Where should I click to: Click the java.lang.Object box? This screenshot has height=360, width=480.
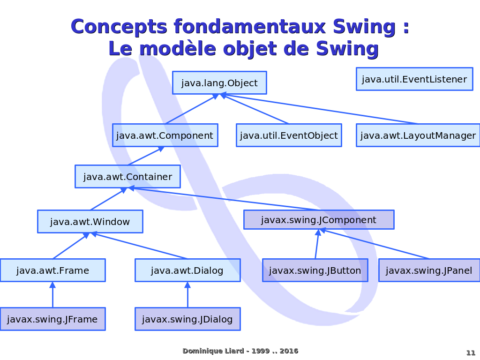219,82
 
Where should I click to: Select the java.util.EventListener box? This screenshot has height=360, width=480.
414,79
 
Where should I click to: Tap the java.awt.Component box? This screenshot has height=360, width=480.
165,135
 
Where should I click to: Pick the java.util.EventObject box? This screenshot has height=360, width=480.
289,135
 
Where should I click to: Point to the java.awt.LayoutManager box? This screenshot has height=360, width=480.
418,135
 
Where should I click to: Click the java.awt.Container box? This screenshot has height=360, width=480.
127,177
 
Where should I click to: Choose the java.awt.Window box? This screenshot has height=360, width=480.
90,221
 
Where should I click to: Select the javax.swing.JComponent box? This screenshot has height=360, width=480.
319,219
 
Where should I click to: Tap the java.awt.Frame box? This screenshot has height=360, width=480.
52,270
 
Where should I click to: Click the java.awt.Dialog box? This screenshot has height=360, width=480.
187,270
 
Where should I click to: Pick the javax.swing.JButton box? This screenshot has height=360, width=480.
315,270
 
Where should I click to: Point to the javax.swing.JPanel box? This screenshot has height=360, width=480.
429,270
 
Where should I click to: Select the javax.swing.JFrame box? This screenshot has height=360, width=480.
52,319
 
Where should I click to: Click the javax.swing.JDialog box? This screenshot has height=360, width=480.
187,319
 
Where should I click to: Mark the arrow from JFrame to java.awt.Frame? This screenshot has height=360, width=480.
52,294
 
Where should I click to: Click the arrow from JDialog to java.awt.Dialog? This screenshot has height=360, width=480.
187,294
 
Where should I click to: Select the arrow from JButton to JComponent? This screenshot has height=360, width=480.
317,244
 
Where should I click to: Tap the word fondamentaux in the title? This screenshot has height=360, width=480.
250,27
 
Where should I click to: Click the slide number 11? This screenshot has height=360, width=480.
471,352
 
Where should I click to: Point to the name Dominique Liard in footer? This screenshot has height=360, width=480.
213,351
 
